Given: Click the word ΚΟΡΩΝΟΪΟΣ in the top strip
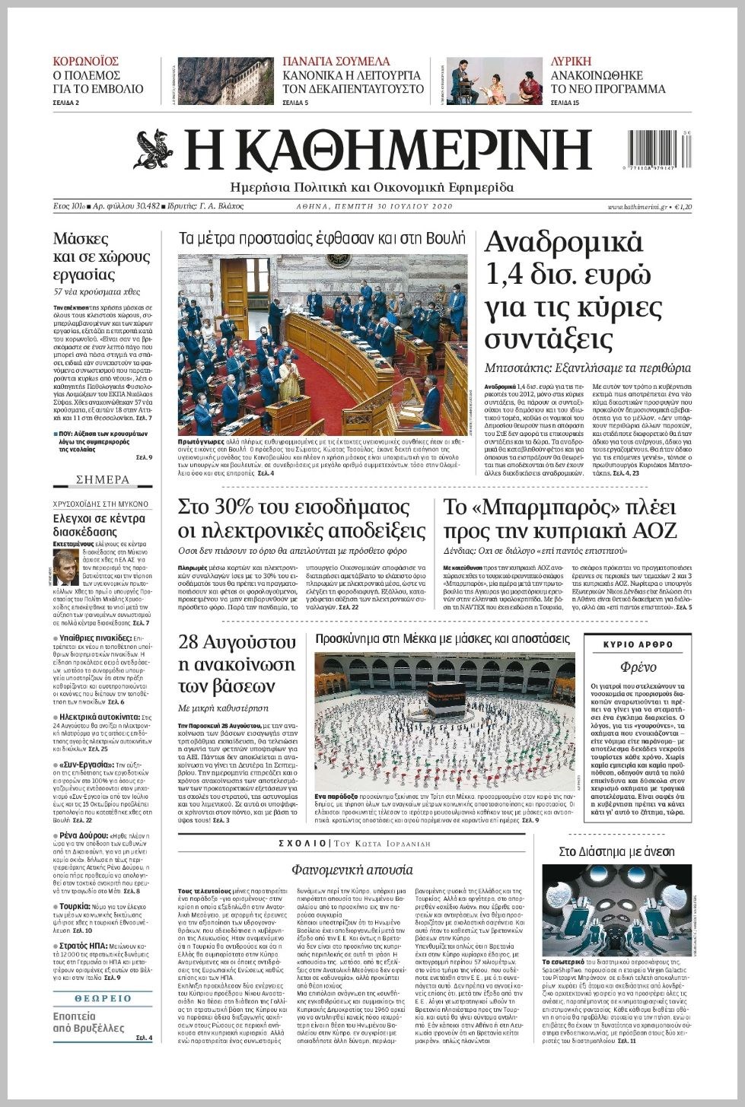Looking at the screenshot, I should click(x=85, y=62).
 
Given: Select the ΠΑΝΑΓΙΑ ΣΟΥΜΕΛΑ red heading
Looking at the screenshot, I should click(x=336, y=62).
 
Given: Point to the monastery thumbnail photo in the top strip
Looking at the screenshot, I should click(x=220, y=81).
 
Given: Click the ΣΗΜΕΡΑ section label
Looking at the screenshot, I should click(x=103, y=480).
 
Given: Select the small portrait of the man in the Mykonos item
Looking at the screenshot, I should click(x=62, y=565).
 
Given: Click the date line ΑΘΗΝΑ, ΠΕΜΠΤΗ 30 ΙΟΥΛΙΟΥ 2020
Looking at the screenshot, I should click(x=374, y=207).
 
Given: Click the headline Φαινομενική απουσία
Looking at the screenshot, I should click(x=352, y=869).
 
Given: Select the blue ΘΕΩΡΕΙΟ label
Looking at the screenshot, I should click(x=103, y=998).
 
